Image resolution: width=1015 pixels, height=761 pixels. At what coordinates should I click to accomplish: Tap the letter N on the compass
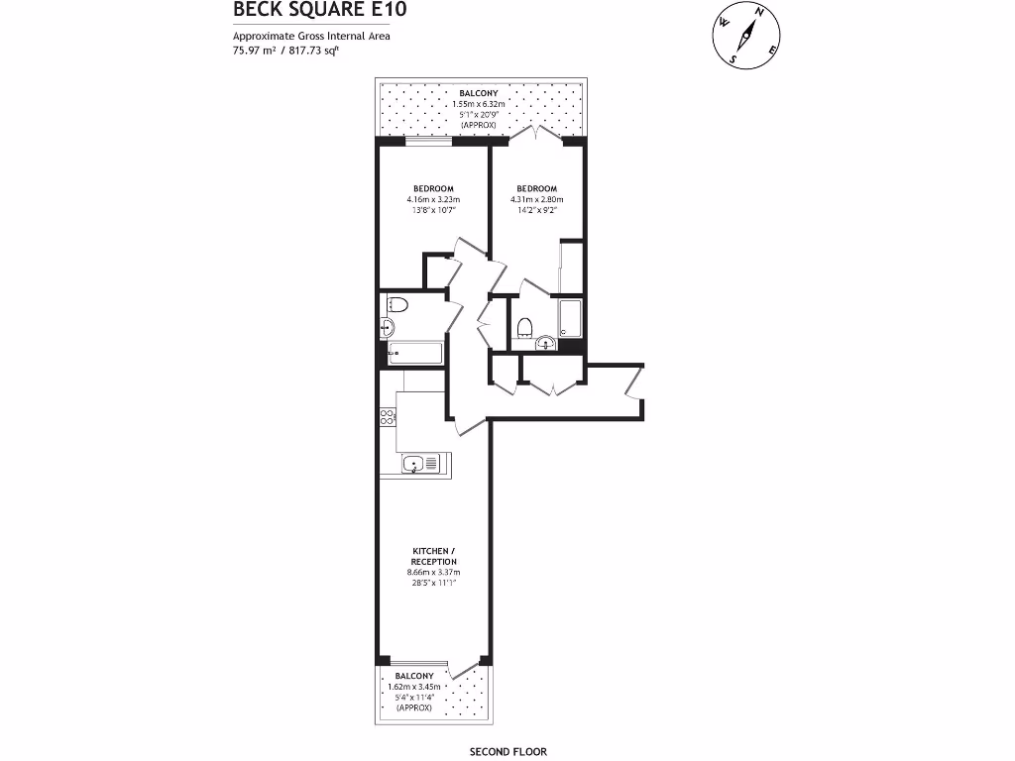click(761, 12)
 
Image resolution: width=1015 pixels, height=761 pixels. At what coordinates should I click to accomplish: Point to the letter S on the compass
click(733, 58)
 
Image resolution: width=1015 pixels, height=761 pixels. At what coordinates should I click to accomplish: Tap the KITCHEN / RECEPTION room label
click(434, 556)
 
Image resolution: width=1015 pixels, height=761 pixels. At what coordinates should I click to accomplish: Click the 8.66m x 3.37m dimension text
click(434, 572)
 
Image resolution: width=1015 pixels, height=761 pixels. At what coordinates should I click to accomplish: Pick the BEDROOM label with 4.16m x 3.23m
click(433, 189)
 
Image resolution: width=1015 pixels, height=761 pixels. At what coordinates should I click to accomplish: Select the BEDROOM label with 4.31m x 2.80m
click(535, 189)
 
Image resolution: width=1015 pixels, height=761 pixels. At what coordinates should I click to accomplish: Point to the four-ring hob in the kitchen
click(387, 417)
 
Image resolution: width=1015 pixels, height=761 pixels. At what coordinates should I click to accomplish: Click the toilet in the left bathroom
click(395, 304)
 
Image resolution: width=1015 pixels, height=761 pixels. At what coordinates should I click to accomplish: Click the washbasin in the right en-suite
click(544, 344)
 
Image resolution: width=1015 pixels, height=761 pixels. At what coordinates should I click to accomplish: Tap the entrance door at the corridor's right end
click(634, 382)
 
